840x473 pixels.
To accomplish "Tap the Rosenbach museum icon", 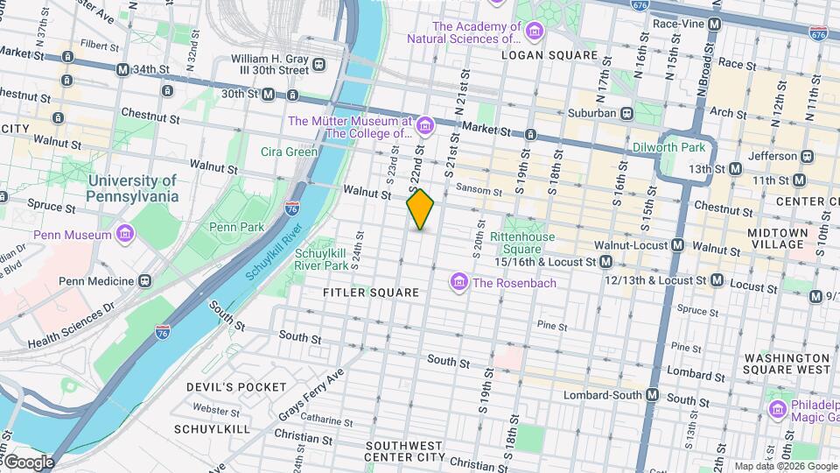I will tap(458, 282).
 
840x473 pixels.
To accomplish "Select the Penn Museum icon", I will tap(126, 235).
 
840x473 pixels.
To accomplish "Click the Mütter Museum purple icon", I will tap(425, 127).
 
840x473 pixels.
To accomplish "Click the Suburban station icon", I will tap(626, 113).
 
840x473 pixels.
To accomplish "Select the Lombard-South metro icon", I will tap(652, 395).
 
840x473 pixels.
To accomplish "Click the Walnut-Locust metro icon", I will tap(677, 245).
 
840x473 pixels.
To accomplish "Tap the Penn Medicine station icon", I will tap(144, 281).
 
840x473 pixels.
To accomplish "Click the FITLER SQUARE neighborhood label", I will tap(371, 293).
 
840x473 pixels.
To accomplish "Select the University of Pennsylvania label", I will tap(132, 188).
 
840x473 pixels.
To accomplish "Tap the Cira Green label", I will tap(289, 152).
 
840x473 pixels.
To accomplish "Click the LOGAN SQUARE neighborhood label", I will tap(549, 55).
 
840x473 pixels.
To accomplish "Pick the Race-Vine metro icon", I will tap(715, 24).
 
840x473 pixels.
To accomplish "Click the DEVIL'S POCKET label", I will tap(236, 386).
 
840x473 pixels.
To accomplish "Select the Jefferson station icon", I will tap(807, 156).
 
